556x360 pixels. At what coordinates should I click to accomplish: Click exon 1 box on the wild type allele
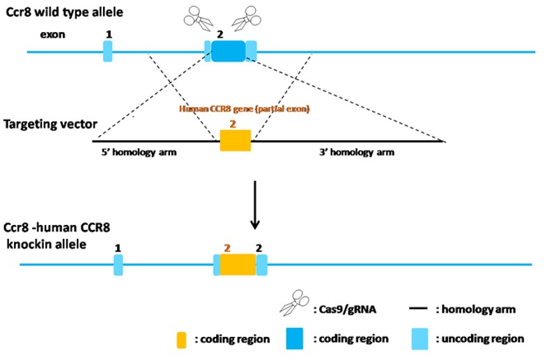107,51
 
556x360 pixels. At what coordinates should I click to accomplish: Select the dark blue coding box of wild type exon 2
228,51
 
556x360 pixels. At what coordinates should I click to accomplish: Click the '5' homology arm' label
135,151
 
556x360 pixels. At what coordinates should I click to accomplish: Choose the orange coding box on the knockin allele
238,265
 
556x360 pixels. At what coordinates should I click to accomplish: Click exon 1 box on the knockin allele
118,265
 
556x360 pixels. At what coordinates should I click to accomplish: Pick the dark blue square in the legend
295,338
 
